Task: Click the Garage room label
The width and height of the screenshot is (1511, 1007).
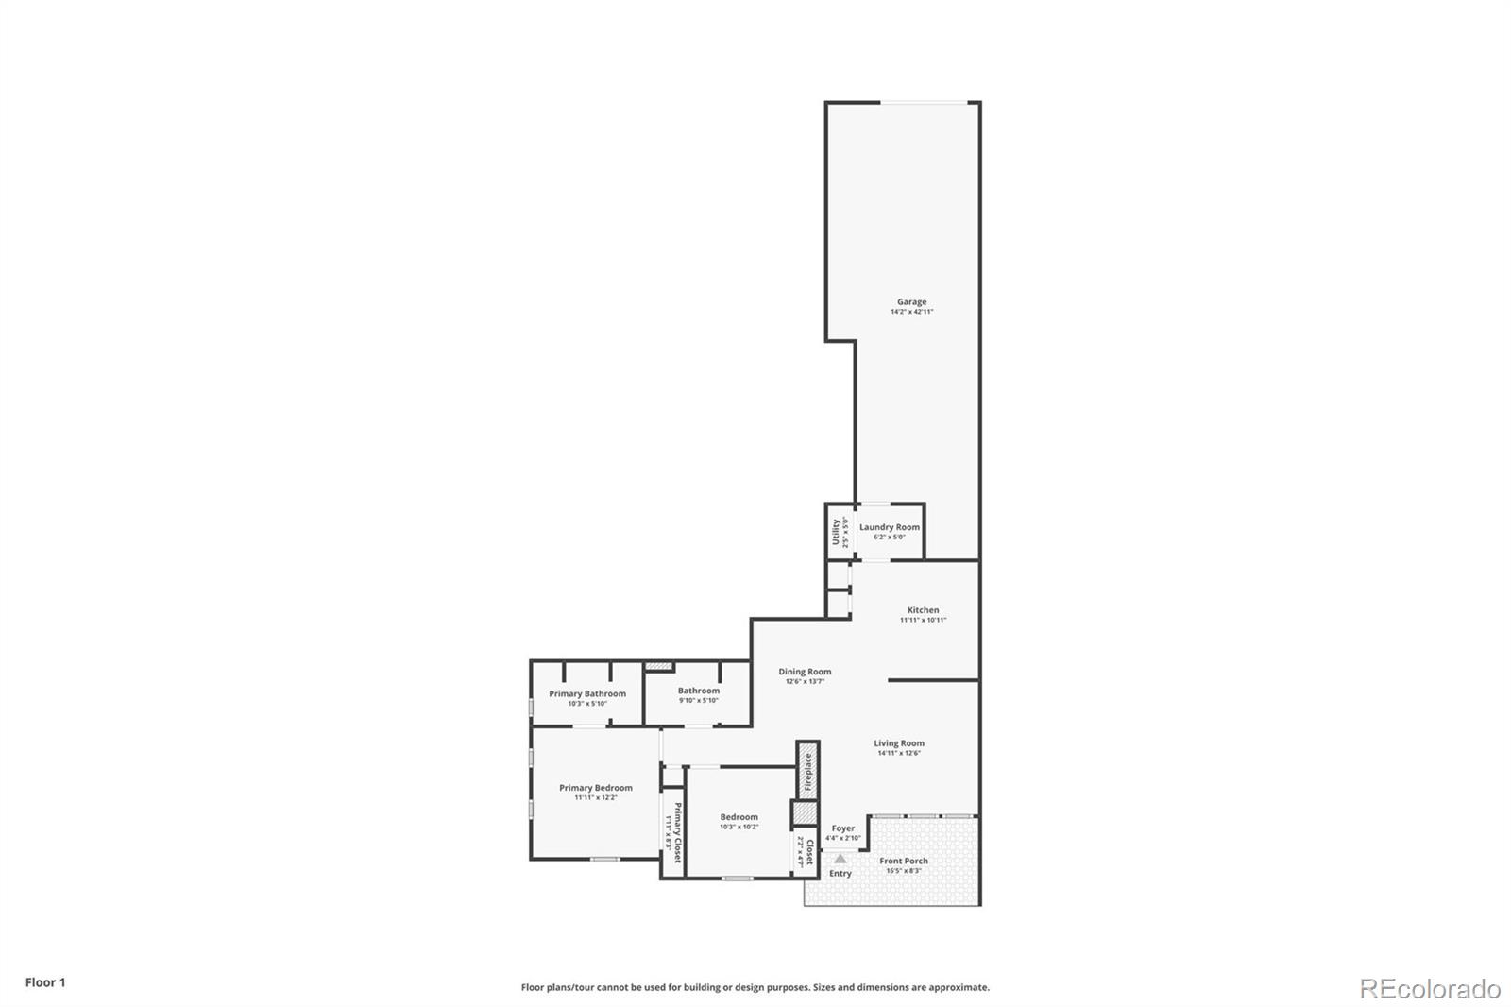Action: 911,302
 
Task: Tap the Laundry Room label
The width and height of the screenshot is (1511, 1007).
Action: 889,527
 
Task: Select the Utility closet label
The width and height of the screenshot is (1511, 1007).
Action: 836,531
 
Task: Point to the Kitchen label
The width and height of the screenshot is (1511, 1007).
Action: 923,610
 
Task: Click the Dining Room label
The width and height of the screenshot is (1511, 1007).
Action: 805,672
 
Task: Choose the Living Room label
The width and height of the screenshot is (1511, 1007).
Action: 898,743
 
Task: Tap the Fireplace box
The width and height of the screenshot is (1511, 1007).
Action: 807,771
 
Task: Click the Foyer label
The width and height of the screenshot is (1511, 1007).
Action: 842,828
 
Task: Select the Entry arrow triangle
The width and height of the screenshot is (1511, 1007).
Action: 840,859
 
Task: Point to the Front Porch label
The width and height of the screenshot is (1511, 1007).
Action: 903,861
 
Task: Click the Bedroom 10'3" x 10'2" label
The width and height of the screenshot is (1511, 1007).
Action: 739,817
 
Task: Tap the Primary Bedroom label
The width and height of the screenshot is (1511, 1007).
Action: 595,788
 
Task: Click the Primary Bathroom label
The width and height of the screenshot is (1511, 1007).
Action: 586,693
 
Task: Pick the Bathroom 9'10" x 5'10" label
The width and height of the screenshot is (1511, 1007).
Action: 698,691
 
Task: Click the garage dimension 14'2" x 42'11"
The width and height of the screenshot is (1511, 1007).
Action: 911,312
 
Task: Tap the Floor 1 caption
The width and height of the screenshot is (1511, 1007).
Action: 45,982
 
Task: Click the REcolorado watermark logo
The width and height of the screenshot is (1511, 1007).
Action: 1430,989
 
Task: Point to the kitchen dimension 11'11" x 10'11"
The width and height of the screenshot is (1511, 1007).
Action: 923,621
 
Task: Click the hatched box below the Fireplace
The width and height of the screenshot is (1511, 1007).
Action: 804,813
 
